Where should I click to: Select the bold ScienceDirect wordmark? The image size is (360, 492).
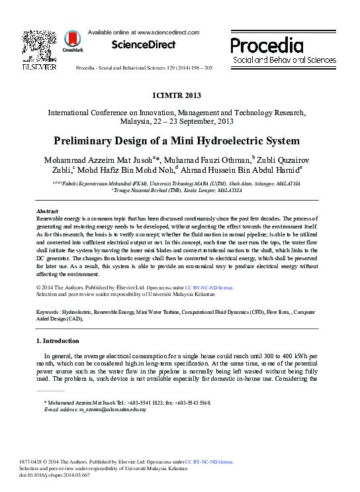[144, 45]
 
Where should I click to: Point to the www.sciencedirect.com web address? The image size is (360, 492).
[169, 32]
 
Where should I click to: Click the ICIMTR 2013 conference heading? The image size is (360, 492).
[179, 95]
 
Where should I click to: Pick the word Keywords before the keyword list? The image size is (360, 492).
[48, 311]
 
